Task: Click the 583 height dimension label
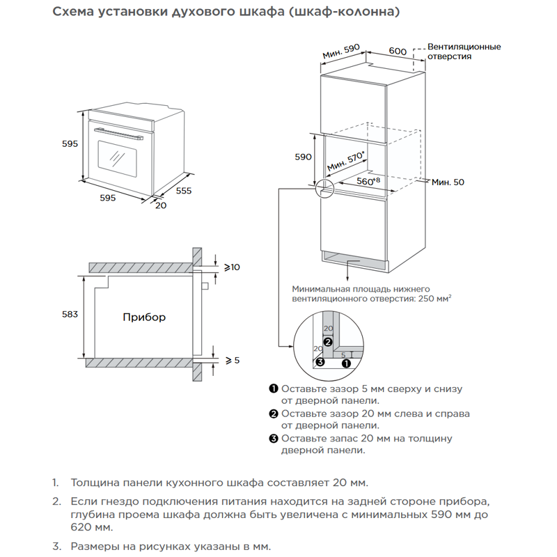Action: point(70,315)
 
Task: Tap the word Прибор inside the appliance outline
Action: point(144,317)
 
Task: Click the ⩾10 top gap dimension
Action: point(232,267)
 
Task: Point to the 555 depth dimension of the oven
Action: point(183,190)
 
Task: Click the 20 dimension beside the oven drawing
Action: point(161,205)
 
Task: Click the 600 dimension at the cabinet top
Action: point(398,52)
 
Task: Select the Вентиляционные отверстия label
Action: point(464,52)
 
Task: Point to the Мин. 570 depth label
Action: point(346,164)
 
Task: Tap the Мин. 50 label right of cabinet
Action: point(447,182)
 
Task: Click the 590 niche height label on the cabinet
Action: point(303,157)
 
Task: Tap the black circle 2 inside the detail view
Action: point(338,342)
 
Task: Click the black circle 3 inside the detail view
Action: point(320,362)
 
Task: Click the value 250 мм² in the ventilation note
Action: point(433,298)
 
